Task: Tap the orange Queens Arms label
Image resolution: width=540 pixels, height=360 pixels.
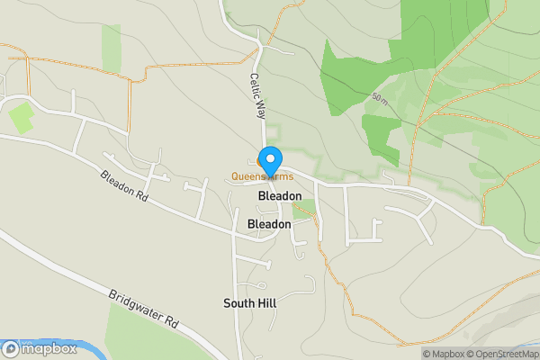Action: click(x=262, y=176)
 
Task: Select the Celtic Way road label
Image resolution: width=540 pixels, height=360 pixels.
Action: click(x=258, y=96)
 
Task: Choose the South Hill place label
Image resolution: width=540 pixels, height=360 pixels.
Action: click(x=249, y=303)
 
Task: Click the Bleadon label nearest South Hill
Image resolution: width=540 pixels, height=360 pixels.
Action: click(x=269, y=223)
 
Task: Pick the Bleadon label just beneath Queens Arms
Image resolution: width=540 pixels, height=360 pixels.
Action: click(x=279, y=195)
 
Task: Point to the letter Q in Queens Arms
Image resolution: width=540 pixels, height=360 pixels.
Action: click(x=236, y=176)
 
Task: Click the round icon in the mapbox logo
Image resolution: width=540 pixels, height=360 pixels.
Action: click(x=11, y=349)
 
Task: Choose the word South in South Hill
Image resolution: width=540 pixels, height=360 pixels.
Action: click(x=238, y=303)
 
